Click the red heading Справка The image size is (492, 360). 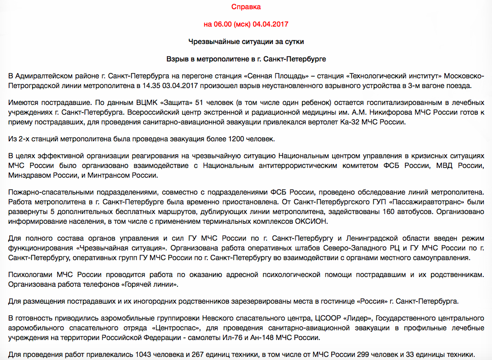point(246,7)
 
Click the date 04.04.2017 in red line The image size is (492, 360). point(271,24)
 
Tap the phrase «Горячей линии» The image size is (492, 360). point(157,284)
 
